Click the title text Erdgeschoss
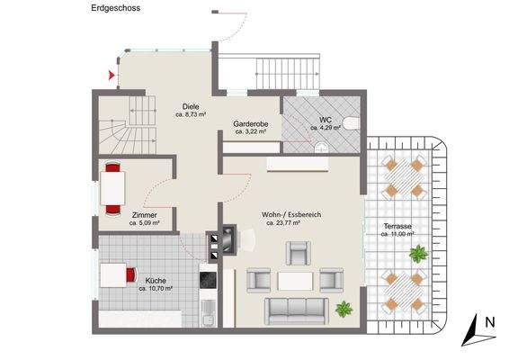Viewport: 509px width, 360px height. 115,7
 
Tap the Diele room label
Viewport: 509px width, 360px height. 190,106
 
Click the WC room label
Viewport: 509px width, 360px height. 325,119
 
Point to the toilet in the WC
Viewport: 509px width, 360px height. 356,124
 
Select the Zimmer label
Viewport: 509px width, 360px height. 144,215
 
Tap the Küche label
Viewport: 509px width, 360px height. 155,281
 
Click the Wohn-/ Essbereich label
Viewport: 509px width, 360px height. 292,215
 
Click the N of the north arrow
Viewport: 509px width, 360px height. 489,321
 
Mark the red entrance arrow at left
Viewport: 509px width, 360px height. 112,76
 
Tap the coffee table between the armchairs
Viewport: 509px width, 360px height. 293,281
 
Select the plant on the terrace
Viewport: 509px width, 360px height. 416,255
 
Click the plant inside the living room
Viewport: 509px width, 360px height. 343,310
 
